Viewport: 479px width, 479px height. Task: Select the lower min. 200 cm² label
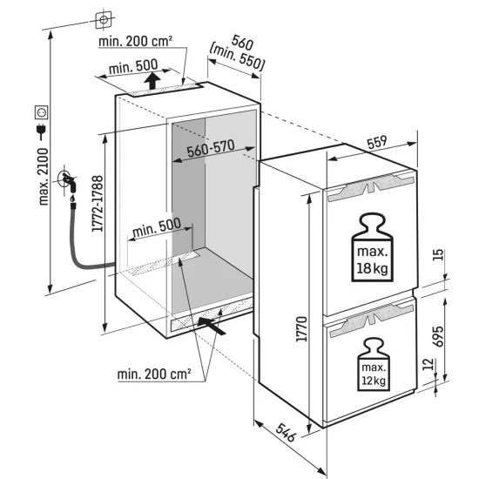coord(153,374)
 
